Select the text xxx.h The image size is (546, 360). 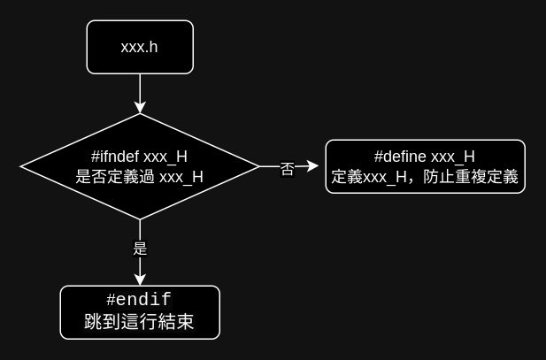(140, 47)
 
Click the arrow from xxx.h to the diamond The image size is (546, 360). (140, 88)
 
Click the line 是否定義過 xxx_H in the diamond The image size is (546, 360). (140, 177)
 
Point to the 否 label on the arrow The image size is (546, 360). (287, 168)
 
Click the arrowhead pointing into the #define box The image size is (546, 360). (313, 165)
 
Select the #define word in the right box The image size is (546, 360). (401, 157)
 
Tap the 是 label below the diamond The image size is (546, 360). (140, 248)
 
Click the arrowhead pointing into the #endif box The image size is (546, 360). (140, 280)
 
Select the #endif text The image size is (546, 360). (139, 300)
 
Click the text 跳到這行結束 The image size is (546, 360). (139, 323)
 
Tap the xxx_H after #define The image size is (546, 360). (453, 157)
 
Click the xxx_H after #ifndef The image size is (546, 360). (165, 157)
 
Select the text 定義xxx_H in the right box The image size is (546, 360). (370, 177)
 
